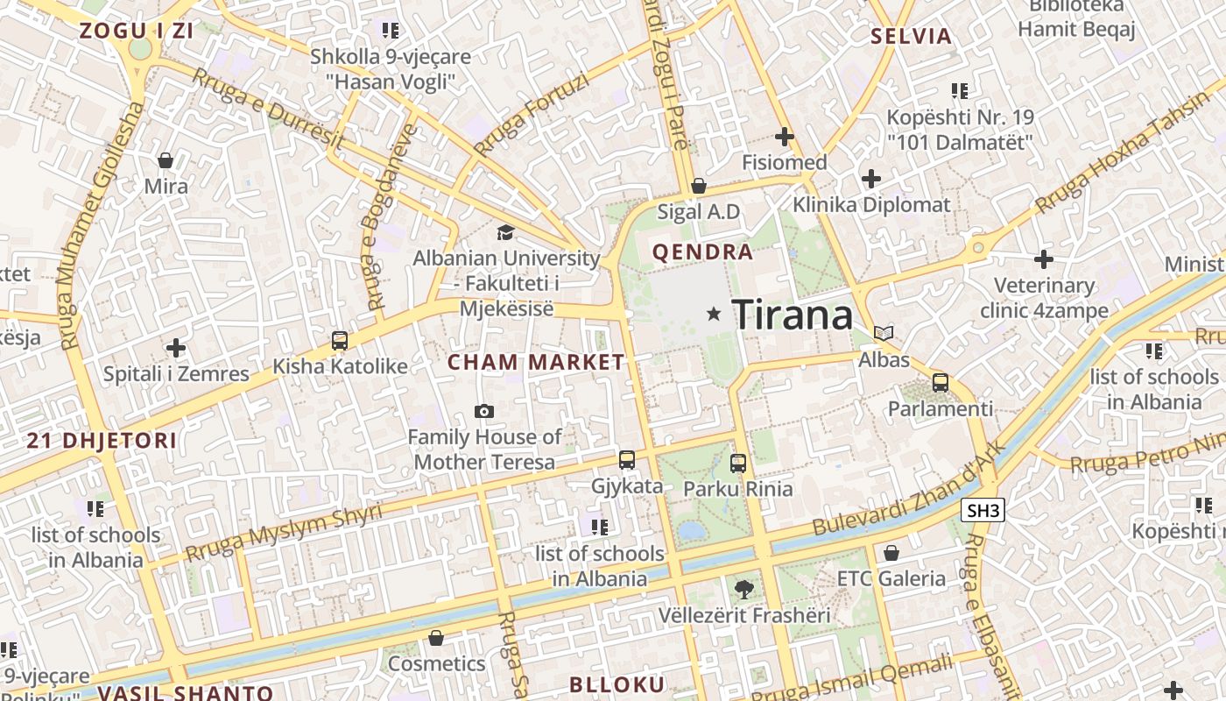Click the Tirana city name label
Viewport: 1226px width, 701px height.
click(792, 314)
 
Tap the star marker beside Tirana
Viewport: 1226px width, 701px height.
click(715, 313)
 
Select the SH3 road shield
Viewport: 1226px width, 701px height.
click(982, 511)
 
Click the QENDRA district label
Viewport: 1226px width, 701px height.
click(702, 252)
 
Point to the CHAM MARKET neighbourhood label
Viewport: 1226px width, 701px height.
click(536, 362)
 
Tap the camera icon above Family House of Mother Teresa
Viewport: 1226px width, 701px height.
click(483, 411)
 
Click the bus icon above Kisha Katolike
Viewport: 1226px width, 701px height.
click(340, 341)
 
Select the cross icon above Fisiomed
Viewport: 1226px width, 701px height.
click(785, 137)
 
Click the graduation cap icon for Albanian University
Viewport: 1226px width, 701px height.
click(505, 232)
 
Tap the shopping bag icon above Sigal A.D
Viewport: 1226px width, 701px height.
click(699, 186)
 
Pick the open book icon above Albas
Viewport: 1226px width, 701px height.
click(884, 333)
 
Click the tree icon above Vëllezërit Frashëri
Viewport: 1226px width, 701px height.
click(743, 588)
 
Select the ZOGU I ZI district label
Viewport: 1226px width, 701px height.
click(136, 31)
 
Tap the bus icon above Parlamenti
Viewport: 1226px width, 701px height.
click(941, 382)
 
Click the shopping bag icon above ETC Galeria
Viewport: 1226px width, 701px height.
click(891, 553)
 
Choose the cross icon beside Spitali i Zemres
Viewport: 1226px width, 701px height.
click(176, 348)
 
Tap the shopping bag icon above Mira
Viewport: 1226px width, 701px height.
click(166, 160)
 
